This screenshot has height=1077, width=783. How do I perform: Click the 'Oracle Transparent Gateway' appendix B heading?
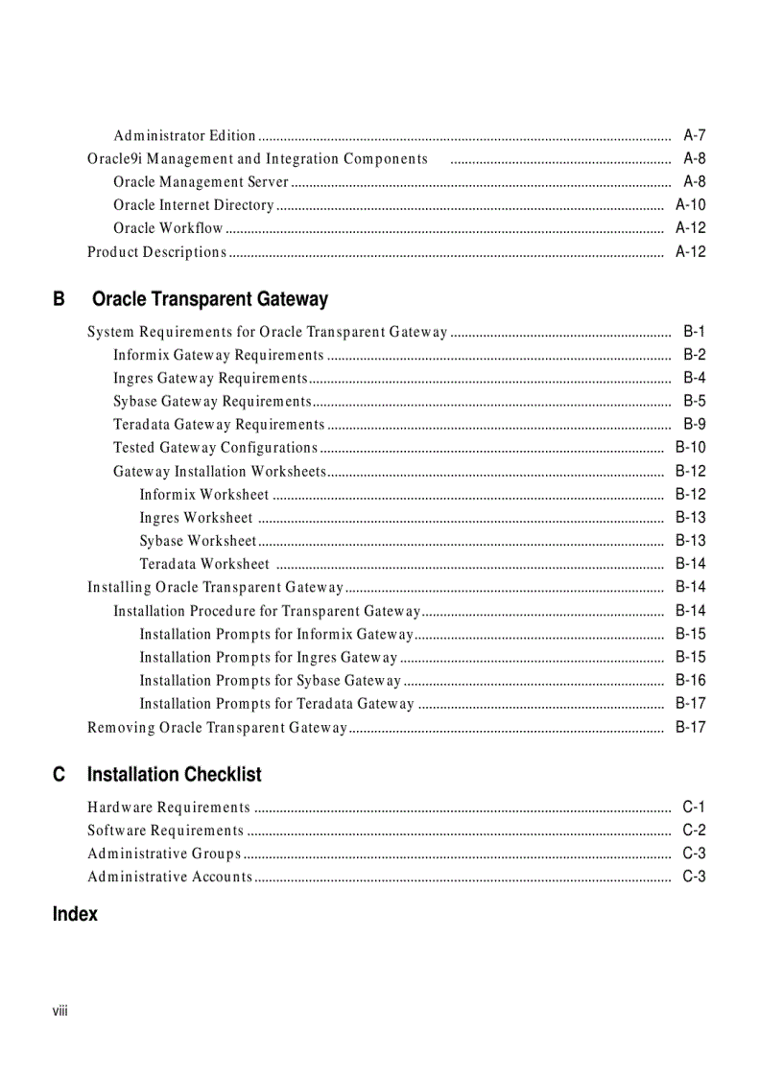point(209,299)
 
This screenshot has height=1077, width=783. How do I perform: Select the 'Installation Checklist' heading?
point(174,774)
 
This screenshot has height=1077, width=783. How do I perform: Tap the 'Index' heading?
point(75,914)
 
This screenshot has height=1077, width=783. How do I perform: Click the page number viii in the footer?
point(60,1012)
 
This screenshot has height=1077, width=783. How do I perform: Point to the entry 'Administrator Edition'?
point(184,135)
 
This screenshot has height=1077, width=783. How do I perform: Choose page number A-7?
point(694,135)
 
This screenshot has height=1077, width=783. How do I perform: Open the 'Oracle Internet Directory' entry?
point(193,204)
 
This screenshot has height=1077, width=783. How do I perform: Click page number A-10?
point(690,204)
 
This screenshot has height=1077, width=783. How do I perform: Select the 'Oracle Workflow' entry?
point(168,228)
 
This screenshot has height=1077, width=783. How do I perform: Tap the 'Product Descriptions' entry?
point(156,252)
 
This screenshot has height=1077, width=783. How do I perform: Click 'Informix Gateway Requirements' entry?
point(218,355)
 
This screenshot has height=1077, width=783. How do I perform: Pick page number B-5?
point(694,401)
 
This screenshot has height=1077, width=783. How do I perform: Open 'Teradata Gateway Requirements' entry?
point(219,424)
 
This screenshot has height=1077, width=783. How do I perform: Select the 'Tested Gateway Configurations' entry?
point(215,447)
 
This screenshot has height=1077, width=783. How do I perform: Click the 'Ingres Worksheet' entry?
point(196,518)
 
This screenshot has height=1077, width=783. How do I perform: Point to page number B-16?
point(690,680)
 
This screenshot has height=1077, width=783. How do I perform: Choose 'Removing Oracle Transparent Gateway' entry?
point(217,727)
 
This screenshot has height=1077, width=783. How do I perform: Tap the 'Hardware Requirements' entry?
point(169,808)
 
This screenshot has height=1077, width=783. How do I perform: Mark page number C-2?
point(694,831)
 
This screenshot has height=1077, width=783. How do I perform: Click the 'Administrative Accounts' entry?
point(170,877)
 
